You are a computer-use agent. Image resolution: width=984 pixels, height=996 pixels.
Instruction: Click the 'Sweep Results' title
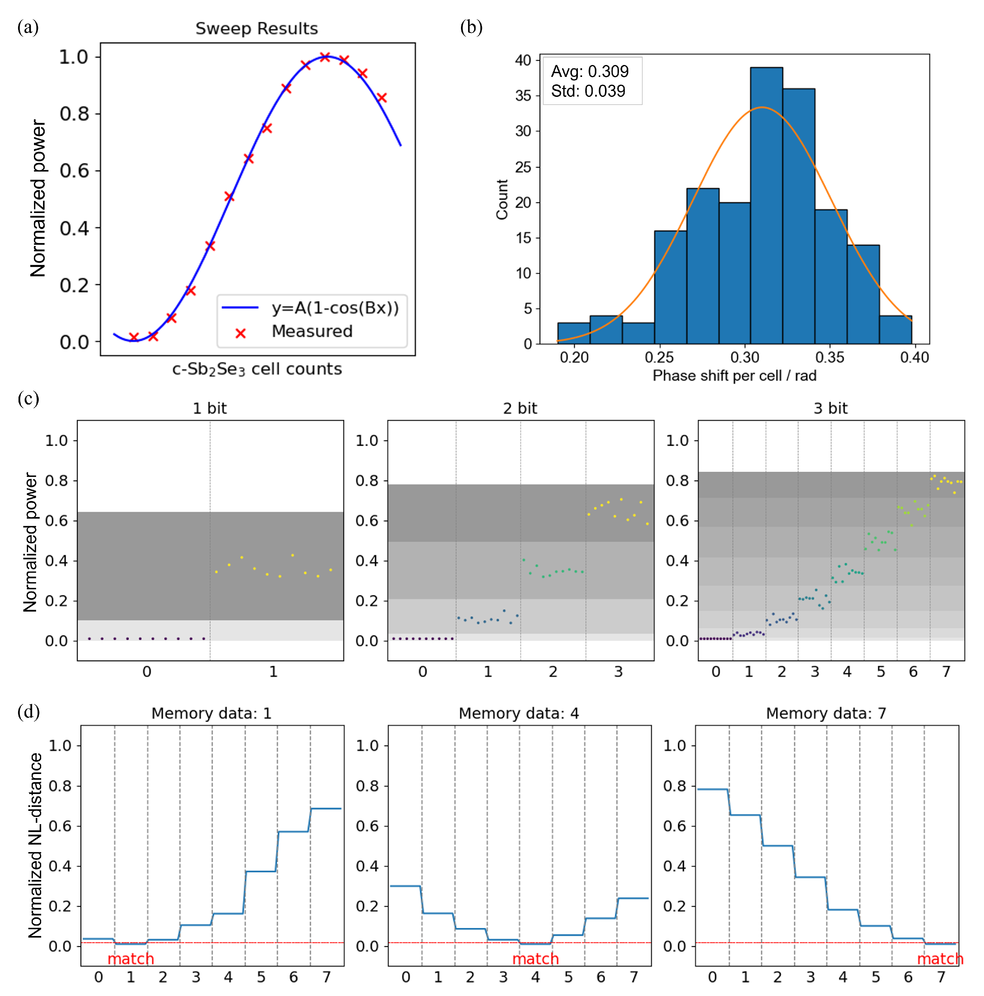[x=256, y=28]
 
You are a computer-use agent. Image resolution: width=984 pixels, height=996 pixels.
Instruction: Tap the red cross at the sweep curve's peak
[x=324, y=57]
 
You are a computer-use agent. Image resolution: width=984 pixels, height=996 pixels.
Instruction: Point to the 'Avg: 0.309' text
[x=590, y=71]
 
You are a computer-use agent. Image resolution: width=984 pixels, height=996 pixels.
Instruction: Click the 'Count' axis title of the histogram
[x=502, y=199]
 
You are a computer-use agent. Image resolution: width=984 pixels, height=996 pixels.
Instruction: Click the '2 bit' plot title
[x=520, y=408]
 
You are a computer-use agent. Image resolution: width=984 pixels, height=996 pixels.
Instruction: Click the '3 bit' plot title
[x=830, y=408]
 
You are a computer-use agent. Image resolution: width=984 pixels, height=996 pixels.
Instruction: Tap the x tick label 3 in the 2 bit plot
[x=618, y=672]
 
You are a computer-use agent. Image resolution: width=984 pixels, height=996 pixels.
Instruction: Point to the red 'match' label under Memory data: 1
[x=131, y=959]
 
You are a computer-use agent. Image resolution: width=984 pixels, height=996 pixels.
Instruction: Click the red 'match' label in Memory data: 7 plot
[x=940, y=959]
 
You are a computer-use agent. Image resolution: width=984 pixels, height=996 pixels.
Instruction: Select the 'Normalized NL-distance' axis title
[x=35, y=845]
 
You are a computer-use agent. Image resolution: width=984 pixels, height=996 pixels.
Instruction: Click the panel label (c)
[x=28, y=399]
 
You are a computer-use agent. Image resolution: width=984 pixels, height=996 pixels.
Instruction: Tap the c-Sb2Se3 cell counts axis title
[x=257, y=369]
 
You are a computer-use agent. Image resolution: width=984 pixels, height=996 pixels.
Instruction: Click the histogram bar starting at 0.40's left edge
[x=895, y=330]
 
